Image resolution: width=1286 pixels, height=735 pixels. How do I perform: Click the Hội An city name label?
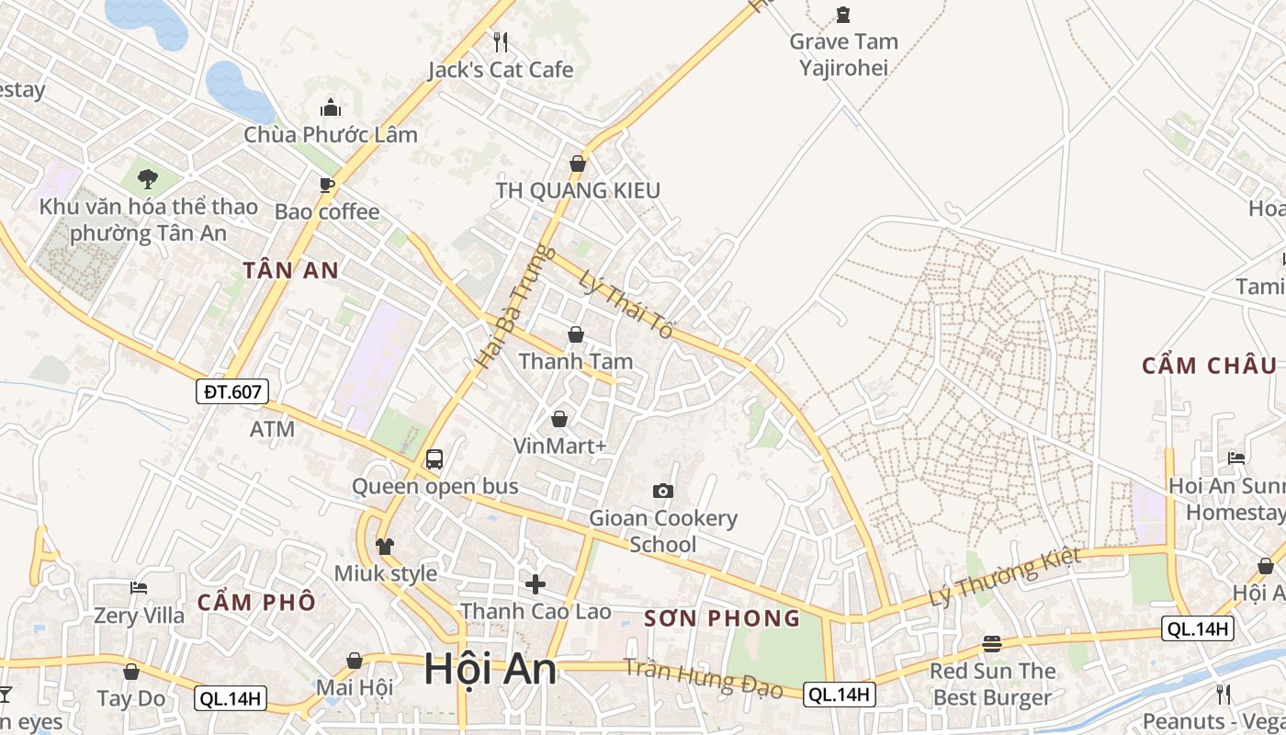click(x=490, y=669)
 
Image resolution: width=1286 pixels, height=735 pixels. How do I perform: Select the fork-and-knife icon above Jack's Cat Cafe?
click(x=501, y=41)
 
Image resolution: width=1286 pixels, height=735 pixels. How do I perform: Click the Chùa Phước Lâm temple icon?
click(x=331, y=107)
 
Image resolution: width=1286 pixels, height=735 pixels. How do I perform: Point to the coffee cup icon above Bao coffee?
click(x=327, y=185)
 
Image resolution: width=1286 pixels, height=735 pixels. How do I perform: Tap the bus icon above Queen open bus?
click(x=434, y=458)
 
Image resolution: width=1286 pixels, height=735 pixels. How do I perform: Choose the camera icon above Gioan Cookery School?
click(x=662, y=491)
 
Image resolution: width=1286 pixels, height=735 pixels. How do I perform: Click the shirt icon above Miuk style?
click(x=385, y=547)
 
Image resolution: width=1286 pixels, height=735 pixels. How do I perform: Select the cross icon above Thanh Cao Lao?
click(x=536, y=583)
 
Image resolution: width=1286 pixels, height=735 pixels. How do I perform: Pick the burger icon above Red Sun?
click(x=991, y=643)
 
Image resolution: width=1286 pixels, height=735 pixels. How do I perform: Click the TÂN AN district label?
click(x=291, y=270)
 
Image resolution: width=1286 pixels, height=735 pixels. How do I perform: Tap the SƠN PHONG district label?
click(x=722, y=618)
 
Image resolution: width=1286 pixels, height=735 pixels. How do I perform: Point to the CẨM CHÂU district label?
click(x=1209, y=366)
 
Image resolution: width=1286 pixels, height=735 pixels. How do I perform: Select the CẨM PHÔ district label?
click(x=256, y=603)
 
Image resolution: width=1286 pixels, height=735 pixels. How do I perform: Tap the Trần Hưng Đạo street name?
click(x=703, y=678)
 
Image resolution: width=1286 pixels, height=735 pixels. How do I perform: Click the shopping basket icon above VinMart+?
click(x=559, y=419)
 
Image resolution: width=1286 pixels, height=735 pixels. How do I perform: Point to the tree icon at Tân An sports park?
click(x=147, y=178)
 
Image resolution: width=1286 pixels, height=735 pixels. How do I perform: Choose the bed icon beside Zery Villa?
click(x=139, y=587)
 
